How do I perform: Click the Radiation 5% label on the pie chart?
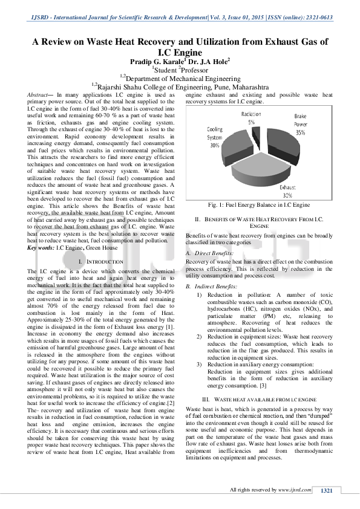(251, 117)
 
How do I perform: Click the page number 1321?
(327, 490)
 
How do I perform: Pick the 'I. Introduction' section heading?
(101, 261)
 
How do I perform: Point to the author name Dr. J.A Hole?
(208, 62)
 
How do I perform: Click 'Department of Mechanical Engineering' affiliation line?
(183, 78)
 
